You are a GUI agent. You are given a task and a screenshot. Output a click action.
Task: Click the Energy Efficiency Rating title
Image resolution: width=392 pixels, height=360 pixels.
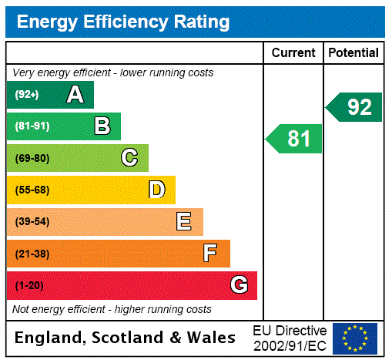pyautogui.click(x=123, y=22)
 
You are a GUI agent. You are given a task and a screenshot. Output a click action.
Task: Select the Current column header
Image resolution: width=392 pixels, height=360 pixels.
pyautogui.click(x=293, y=53)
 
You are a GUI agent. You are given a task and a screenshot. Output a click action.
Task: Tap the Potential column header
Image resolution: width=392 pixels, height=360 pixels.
pyautogui.click(x=353, y=53)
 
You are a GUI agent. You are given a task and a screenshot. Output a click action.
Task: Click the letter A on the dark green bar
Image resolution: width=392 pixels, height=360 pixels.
pyautogui.click(x=75, y=95)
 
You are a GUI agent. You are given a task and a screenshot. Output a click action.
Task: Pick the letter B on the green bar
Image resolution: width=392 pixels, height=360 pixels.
pyautogui.click(x=102, y=126)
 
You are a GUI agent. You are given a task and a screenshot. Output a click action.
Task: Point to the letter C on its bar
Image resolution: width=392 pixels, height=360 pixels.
pyautogui.click(x=129, y=158)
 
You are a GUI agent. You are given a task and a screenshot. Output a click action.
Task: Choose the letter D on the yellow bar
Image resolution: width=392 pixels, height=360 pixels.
pyautogui.click(x=156, y=190)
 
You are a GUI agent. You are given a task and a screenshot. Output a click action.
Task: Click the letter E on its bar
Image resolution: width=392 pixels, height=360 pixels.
pyautogui.click(x=184, y=222)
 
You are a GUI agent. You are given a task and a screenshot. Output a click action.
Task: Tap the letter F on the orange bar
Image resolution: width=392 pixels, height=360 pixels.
pyautogui.click(x=210, y=254)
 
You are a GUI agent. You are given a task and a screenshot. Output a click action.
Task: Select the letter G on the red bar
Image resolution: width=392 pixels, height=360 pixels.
pyautogui.click(x=239, y=285)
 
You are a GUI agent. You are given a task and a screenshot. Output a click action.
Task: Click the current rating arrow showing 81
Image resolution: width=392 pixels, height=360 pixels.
pyautogui.click(x=295, y=139)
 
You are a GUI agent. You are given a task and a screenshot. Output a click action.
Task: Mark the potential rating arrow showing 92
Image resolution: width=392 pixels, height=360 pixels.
pyautogui.click(x=354, y=107)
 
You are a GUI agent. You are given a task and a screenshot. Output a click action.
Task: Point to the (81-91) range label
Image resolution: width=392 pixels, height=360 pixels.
pyautogui.click(x=32, y=126)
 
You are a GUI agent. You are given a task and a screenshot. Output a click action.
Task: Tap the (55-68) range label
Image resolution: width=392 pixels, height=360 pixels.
pyautogui.click(x=32, y=190)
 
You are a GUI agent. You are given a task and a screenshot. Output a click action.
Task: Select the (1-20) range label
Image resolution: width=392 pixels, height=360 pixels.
pyautogui.click(x=28, y=286)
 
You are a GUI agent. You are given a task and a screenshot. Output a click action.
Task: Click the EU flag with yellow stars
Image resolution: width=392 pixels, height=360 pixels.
pyautogui.click(x=355, y=338)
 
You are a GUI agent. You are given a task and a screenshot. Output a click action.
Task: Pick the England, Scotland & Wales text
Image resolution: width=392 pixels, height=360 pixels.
pyautogui.click(x=125, y=338)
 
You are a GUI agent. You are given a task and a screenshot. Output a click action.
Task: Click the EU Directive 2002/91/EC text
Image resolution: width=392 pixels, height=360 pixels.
pyautogui.click(x=290, y=338)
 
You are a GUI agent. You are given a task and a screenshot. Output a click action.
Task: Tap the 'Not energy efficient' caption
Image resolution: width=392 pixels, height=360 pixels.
pyautogui.click(x=112, y=309)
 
